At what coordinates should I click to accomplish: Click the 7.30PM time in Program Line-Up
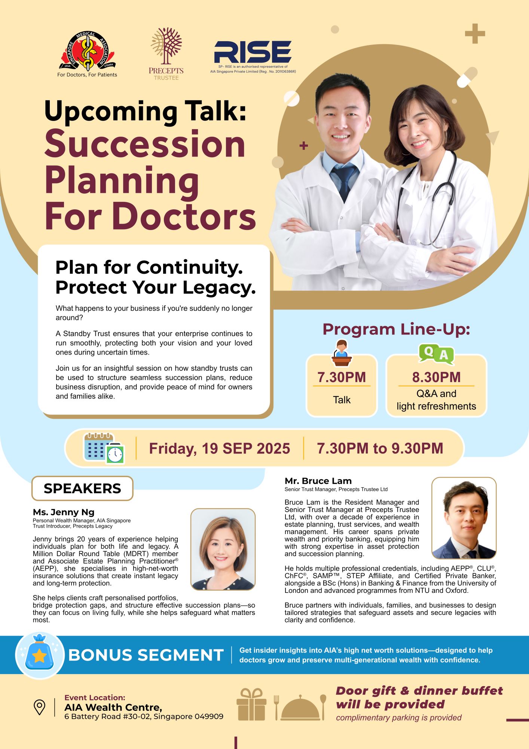coord(342,377)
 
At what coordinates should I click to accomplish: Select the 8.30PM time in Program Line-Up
coord(436,377)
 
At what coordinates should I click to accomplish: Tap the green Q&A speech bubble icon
coord(436,354)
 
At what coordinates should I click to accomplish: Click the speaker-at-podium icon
coord(342,353)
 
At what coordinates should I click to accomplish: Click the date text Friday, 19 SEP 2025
coord(220,448)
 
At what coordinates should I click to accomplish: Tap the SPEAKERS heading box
coord(82,488)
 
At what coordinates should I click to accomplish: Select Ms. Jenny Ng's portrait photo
coord(223,549)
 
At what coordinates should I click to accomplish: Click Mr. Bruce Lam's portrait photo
coord(464,518)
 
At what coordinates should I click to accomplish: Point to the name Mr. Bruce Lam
coord(318,481)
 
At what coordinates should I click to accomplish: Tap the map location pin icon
coord(39,707)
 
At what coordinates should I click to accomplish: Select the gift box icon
coord(251,704)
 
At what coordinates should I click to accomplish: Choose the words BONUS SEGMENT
coord(146,655)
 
